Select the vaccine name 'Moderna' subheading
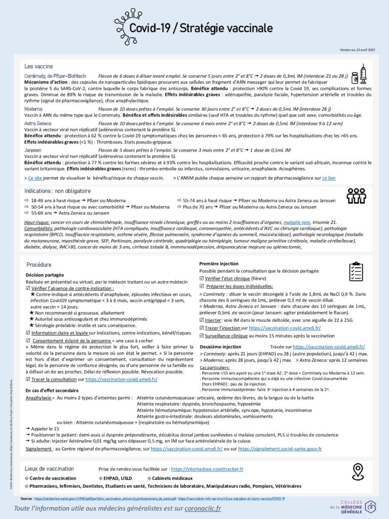33,109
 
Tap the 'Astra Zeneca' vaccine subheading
38,123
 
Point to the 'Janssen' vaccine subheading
33,151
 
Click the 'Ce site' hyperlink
35,178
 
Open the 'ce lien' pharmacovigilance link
328,178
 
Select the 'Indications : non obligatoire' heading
57,191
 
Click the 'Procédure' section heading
39,265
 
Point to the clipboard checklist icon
358,272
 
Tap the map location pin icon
358,471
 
